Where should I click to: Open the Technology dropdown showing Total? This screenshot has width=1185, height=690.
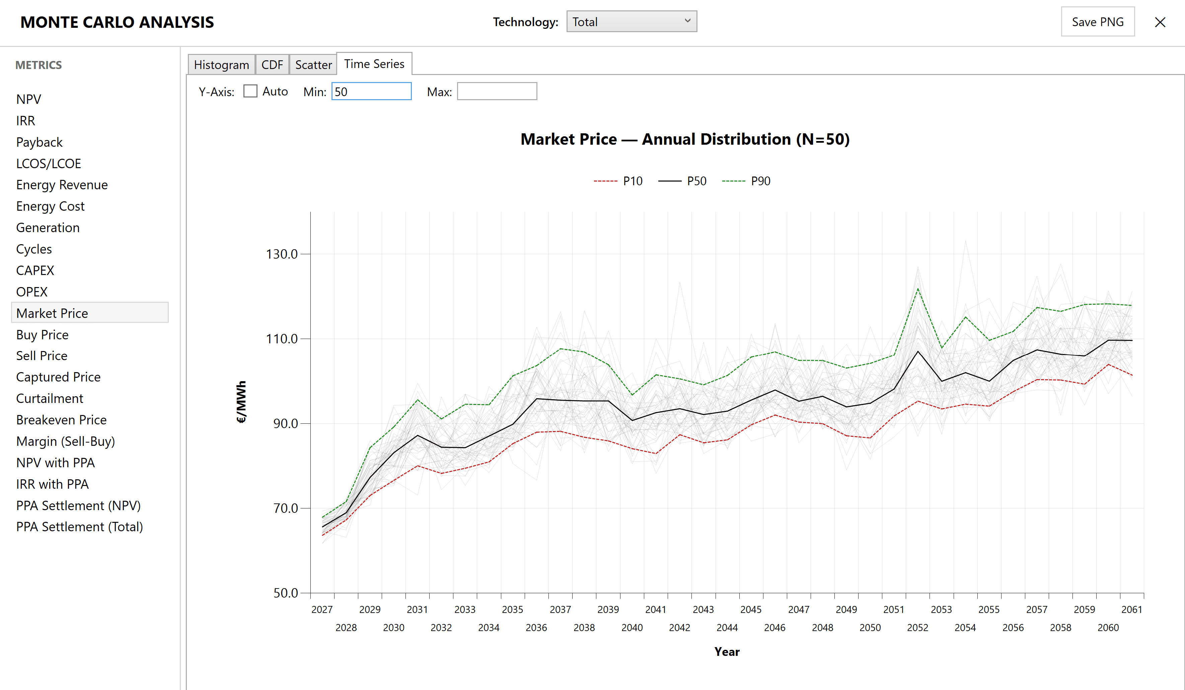631,22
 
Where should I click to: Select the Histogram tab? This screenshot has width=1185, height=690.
221,64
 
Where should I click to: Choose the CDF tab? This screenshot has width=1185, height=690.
272,64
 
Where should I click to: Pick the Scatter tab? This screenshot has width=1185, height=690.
313,64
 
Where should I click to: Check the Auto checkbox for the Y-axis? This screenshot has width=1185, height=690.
250,91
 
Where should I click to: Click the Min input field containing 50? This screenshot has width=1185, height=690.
371,91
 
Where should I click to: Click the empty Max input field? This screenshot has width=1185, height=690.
497,91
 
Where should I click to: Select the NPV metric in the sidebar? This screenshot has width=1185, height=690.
29,99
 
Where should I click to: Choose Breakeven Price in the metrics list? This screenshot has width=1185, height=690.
61,420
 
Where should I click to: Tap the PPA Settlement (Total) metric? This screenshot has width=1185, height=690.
79,527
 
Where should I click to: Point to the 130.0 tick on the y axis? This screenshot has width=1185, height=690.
282,254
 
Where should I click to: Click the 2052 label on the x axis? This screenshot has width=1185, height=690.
917,627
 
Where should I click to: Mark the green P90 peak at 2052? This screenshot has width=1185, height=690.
917,289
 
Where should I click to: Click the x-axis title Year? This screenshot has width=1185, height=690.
727,652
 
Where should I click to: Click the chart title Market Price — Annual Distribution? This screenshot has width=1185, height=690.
685,139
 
